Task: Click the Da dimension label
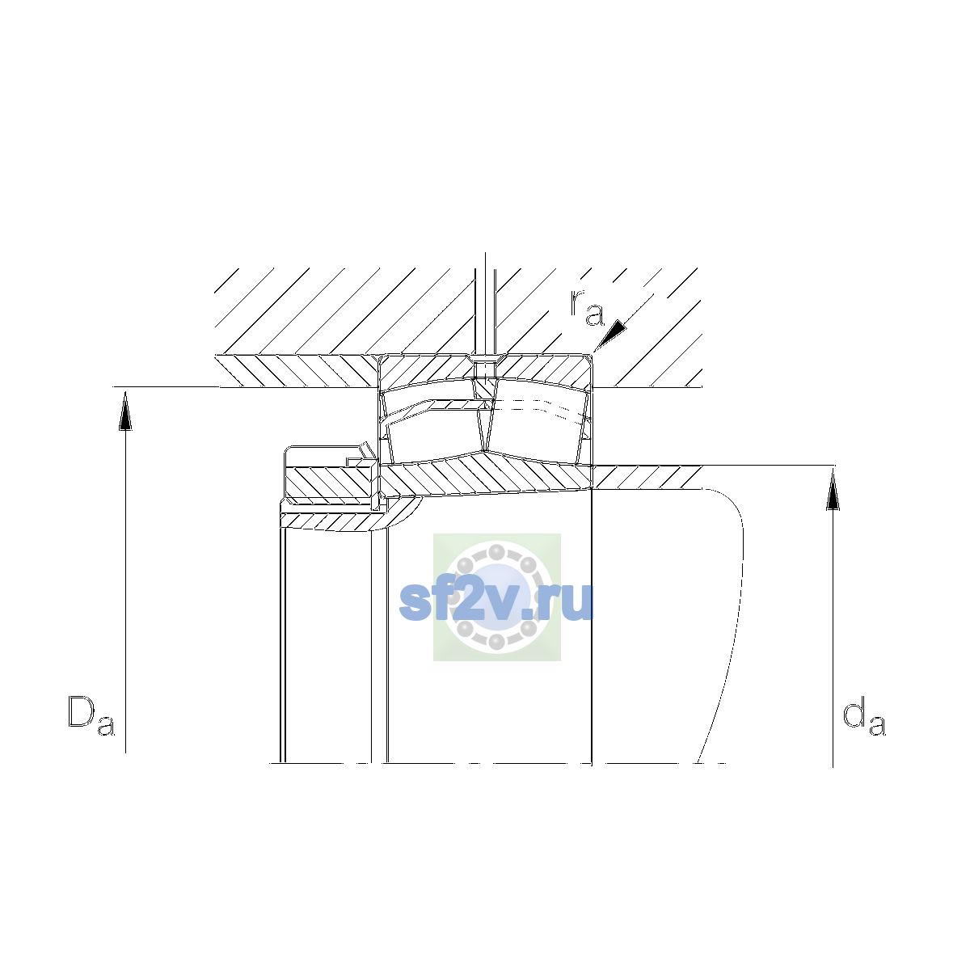click(x=91, y=715)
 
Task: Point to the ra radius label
click(x=586, y=307)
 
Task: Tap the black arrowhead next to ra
click(x=611, y=335)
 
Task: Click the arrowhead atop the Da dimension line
click(x=125, y=411)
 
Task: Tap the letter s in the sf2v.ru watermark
click(x=415, y=605)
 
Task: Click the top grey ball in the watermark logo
click(x=497, y=552)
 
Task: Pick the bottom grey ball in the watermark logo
click(x=497, y=642)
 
